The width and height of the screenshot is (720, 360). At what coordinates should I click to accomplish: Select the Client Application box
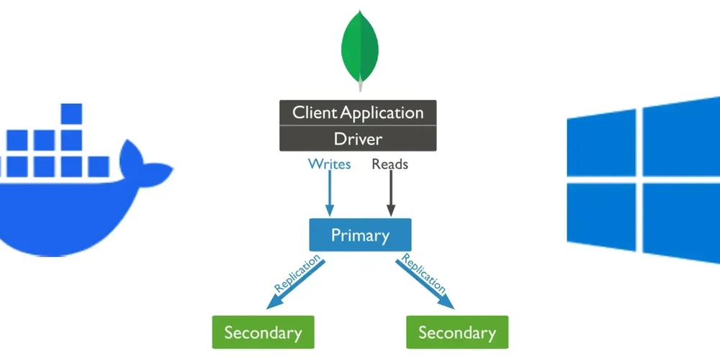[358, 113]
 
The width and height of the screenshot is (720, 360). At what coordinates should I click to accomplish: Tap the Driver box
[358, 138]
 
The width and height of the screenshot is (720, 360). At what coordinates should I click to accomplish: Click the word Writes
[329, 164]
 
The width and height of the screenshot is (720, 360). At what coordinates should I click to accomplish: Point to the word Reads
[390, 164]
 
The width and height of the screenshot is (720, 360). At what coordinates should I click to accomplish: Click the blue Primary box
[360, 235]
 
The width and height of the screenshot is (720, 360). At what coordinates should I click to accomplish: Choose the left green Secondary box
[263, 333]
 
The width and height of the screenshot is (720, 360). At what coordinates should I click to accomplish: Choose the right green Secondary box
[457, 333]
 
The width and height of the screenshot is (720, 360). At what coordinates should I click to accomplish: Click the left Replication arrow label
[295, 277]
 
